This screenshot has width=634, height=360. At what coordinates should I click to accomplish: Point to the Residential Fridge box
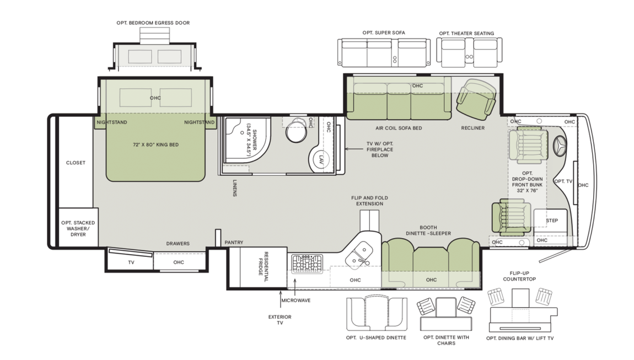[x=256, y=268]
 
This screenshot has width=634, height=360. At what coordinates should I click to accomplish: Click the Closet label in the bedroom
[x=76, y=163]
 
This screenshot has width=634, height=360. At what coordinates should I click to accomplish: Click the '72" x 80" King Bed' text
[x=155, y=144]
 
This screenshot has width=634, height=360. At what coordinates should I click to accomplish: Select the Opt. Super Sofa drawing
[x=384, y=52]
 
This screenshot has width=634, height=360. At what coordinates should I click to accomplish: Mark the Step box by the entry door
[x=551, y=221]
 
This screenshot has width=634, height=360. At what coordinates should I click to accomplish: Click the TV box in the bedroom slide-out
[x=131, y=262]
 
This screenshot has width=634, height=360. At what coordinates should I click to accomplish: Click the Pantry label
[x=234, y=243]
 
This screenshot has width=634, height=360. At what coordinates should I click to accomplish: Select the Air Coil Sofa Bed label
[x=399, y=128]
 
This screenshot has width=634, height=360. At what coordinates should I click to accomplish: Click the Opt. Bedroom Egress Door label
[x=153, y=23]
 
